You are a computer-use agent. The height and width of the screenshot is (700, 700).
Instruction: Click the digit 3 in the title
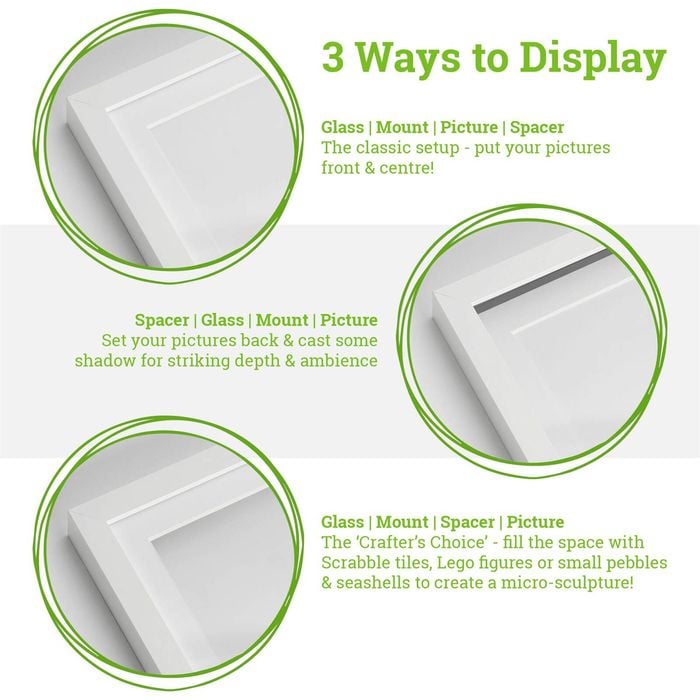[x=333, y=57]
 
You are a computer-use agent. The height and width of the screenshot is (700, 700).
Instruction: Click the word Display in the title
[x=593, y=60]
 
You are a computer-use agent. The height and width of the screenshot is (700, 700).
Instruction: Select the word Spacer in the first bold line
[x=537, y=128]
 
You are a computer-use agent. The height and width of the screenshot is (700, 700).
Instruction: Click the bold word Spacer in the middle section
[x=162, y=321]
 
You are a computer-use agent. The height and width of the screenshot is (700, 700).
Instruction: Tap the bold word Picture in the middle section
[x=349, y=320]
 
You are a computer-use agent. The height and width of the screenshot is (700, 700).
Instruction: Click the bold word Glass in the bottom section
[x=342, y=522]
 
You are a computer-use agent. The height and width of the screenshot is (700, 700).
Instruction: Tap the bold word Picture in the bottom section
[x=535, y=522]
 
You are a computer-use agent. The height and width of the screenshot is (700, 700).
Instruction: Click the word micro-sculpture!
[x=567, y=583]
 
